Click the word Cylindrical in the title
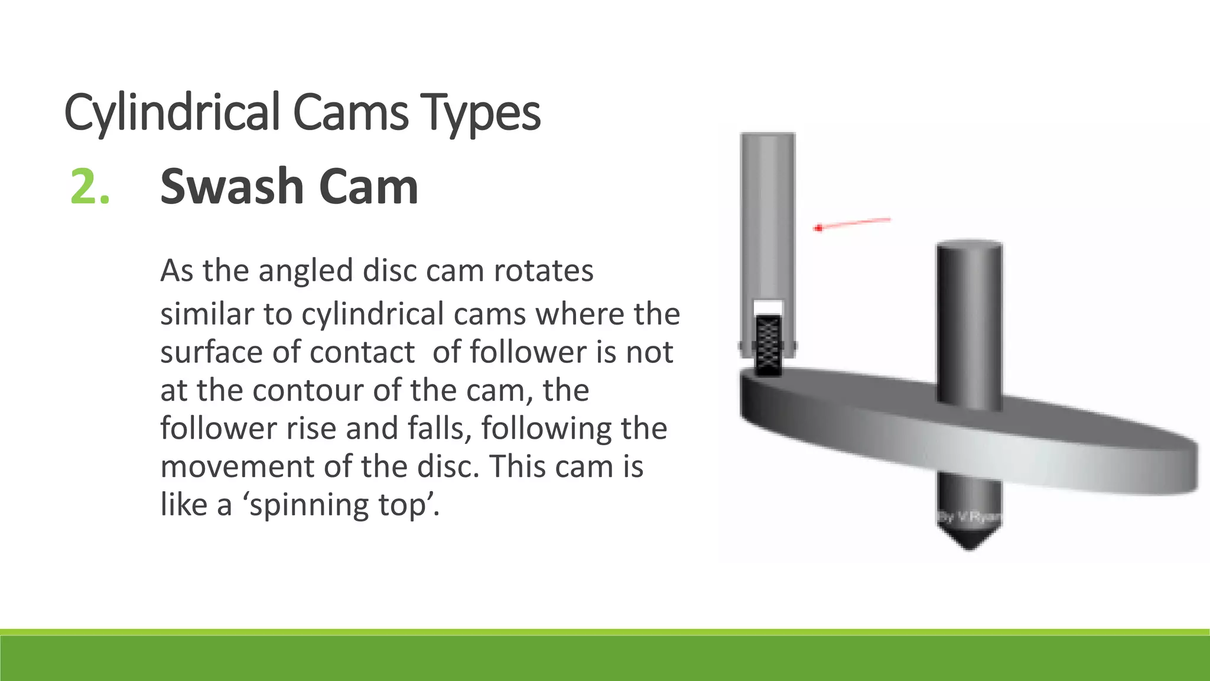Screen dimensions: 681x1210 click(x=171, y=112)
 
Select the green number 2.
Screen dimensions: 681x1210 click(x=90, y=187)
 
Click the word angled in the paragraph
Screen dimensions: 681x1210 click(x=305, y=271)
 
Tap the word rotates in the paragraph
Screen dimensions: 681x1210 click(x=543, y=271)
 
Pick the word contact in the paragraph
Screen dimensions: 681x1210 click(x=362, y=352)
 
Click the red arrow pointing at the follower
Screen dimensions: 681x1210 click(x=853, y=223)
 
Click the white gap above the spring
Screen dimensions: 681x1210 click(x=768, y=307)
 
